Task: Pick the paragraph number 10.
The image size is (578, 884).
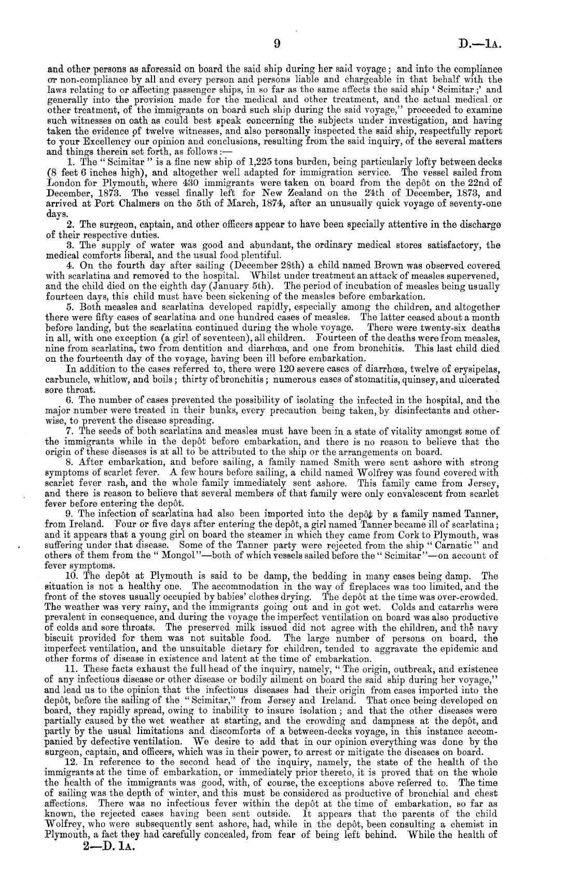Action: [71, 576]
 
